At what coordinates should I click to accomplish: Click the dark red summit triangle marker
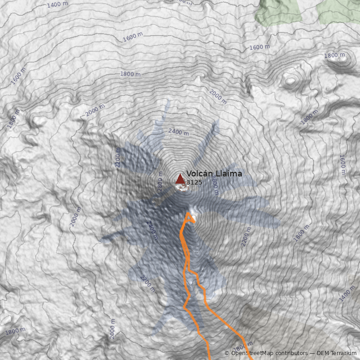pos(180,179)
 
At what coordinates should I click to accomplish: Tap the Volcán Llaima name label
pos(214,174)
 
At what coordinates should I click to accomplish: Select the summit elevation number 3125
pos(194,183)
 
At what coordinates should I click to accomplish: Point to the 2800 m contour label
pos(160,184)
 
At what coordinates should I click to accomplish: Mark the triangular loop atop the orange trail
pos(190,218)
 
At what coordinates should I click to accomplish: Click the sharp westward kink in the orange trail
pos(184,307)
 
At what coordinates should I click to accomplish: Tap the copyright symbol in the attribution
pos(227,353)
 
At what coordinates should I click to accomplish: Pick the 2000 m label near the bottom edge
pos(112,329)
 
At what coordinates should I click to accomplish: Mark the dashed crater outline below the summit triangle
pos(182,188)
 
